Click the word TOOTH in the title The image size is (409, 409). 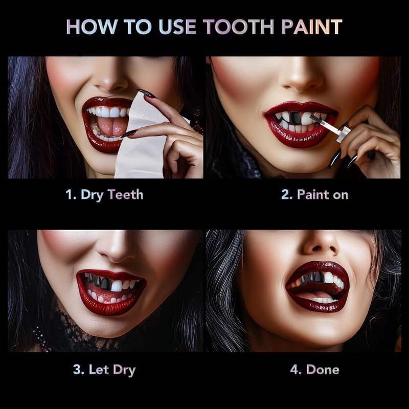tap(238, 27)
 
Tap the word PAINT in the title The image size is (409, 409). tap(312, 27)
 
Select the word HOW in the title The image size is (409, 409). tap(92, 27)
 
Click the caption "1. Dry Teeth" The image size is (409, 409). tap(104, 195)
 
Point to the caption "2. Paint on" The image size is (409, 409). tap(315, 195)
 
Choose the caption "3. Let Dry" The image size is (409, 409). tap(104, 370)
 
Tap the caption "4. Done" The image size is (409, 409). tap(315, 370)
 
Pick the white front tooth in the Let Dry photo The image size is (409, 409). tap(117, 286)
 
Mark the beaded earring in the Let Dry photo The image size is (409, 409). tap(41, 338)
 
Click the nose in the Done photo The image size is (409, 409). tap(322, 244)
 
